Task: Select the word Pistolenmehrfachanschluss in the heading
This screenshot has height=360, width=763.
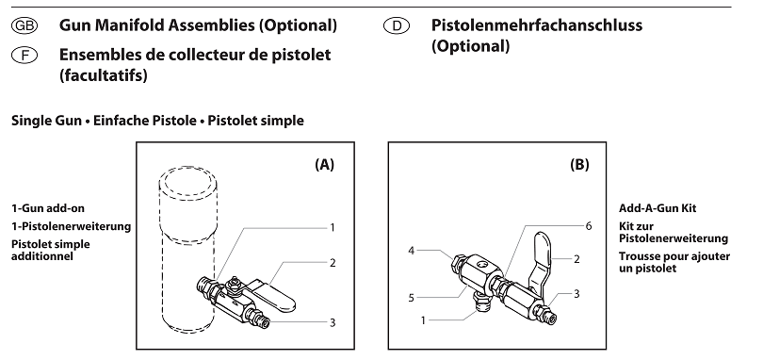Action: click(537, 25)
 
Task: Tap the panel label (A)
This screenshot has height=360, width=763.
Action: click(324, 164)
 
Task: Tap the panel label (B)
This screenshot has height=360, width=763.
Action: click(579, 164)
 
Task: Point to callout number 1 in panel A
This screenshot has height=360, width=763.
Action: click(333, 227)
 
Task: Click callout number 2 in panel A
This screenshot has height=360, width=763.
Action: click(333, 263)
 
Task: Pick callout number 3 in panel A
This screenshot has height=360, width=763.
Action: click(333, 322)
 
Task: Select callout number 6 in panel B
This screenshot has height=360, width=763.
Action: click(588, 227)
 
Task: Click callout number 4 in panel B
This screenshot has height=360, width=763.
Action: click(412, 251)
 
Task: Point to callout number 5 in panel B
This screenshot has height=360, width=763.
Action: click(412, 298)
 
